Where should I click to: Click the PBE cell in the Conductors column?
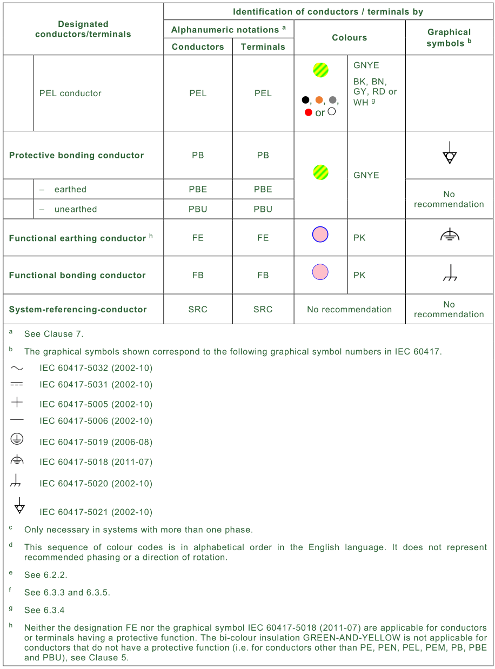(x=198, y=189)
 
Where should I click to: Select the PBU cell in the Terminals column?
(x=263, y=209)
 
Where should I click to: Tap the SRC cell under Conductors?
(x=198, y=309)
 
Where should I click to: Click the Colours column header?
(x=349, y=38)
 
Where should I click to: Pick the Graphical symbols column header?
(x=449, y=38)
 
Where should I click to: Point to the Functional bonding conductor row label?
(x=77, y=275)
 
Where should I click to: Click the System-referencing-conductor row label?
(x=78, y=309)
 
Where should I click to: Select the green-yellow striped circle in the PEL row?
(x=320, y=70)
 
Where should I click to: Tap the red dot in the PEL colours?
(x=309, y=112)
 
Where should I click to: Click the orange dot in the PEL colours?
(x=319, y=100)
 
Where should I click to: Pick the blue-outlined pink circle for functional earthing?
(x=320, y=235)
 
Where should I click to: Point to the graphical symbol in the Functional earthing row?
(x=449, y=235)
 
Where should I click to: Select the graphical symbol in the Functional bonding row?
(x=449, y=275)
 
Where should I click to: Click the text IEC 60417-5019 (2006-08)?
(x=96, y=442)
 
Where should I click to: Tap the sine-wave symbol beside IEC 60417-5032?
(x=17, y=368)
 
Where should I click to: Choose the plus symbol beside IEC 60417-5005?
(x=17, y=403)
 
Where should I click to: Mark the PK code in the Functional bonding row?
(x=359, y=275)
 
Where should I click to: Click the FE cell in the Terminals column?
(x=263, y=238)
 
